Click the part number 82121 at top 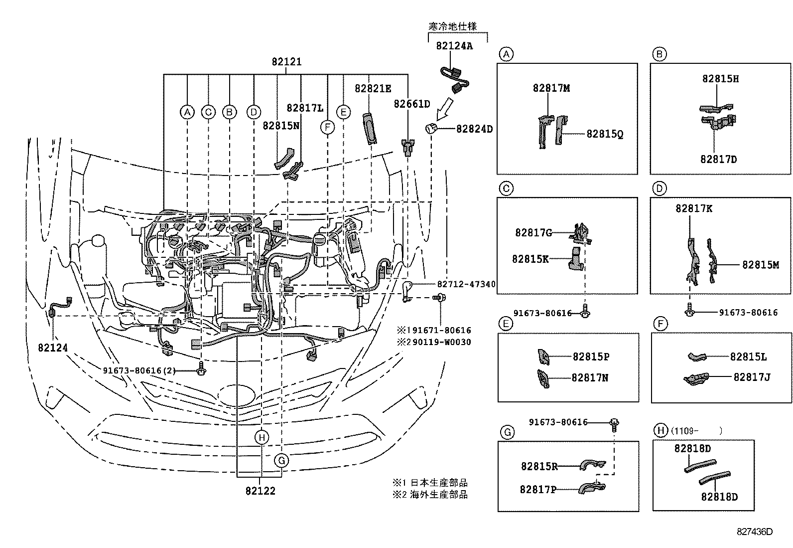286,62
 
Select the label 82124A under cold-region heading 454,45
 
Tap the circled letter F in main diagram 327,128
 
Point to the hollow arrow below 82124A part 444,107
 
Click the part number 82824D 474,129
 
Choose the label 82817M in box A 551,88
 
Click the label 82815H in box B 720,79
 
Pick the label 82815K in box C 530,259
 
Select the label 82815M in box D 760,265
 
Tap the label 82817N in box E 590,377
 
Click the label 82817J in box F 752,377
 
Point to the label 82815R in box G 539,466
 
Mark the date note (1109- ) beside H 696,430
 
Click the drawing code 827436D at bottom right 755,532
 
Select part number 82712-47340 466,284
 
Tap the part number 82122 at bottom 260,491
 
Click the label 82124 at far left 52,347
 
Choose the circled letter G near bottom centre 281,460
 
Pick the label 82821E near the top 373,88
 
